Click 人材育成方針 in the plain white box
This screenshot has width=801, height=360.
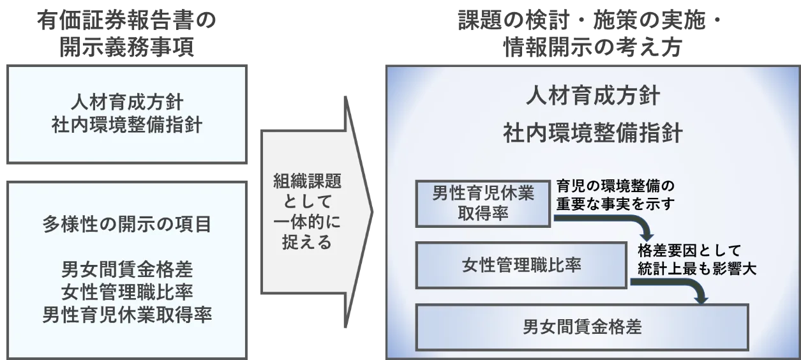click(x=126, y=101)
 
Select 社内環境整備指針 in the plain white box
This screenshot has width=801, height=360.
click(x=126, y=124)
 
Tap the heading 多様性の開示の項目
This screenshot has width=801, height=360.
click(x=126, y=225)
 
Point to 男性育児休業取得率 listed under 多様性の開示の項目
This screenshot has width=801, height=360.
click(x=126, y=314)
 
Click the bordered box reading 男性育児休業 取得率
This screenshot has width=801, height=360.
click(x=483, y=204)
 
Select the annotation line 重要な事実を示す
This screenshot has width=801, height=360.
click(x=615, y=204)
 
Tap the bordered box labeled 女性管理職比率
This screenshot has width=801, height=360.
click(x=521, y=265)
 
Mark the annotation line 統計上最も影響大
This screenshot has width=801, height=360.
click(x=696, y=269)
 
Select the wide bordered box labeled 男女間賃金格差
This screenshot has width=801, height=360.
click(x=581, y=327)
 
